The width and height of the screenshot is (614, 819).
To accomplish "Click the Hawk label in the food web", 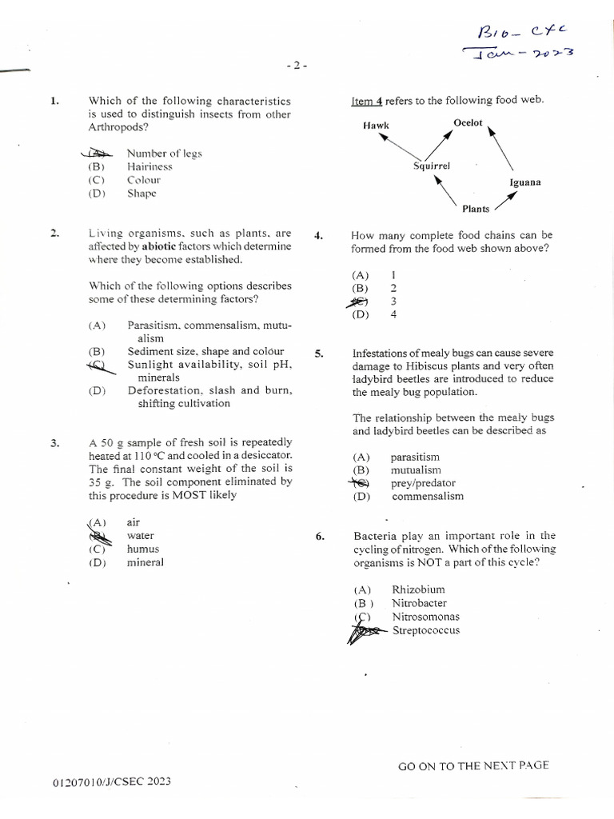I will [376, 126].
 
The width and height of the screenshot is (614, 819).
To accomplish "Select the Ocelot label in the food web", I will [468, 122].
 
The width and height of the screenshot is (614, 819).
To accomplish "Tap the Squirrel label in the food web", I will [432, 166].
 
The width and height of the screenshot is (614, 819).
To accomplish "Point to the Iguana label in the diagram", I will [524, 182].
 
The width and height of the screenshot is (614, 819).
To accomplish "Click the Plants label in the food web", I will [476, 209].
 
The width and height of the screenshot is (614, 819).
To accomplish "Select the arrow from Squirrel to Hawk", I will [395, 147].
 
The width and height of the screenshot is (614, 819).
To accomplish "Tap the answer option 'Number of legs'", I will [164, 154].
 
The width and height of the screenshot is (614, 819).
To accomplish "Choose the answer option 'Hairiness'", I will [150, 166].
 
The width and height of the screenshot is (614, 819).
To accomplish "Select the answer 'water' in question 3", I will [140, 536].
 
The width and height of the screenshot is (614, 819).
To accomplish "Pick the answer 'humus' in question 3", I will [142, 549].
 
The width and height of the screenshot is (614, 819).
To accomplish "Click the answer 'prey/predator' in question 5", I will [423, 483].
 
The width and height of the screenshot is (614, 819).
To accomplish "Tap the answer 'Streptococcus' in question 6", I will [425, 630].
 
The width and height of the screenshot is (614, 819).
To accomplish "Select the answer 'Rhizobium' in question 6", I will [418, 590].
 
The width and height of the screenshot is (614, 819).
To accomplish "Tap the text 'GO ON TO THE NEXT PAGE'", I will [473, 765].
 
